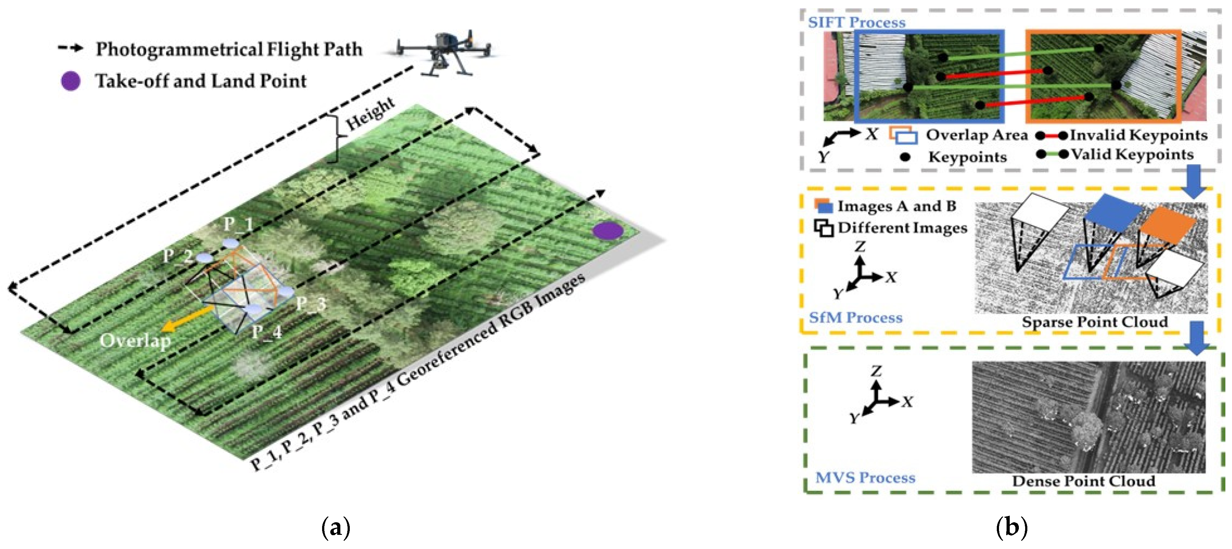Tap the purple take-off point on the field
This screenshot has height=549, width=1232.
pos(607,231)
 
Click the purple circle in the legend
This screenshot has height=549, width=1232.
pos(70,81)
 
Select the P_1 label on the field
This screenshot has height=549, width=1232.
pos(238,224)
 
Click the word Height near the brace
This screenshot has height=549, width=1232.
pos(370,114)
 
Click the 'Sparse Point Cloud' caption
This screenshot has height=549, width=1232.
pos(1095,322)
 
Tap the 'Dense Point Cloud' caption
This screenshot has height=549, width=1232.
pos(1083,481)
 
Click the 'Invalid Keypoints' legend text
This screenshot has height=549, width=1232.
pos(1138,135)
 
